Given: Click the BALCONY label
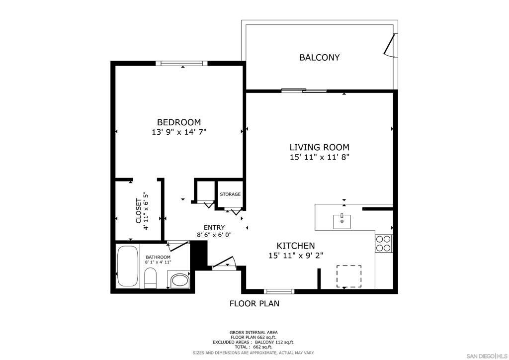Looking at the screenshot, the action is (320, 58).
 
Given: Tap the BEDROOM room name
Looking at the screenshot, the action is (179, 122).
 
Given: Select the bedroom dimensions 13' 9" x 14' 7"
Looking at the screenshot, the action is (179, 132).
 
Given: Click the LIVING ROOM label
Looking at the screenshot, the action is (320, 147).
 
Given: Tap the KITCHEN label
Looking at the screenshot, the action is (296, 246).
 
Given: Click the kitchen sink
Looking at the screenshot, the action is (342, 221).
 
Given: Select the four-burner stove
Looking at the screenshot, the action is (383, 244).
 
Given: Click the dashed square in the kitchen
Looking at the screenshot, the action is (348, 276).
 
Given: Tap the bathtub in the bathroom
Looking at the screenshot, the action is (128, 266).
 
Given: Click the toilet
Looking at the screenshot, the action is (150, 278).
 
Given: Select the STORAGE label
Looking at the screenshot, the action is (230, 194).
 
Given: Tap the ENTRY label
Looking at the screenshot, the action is (214, 228).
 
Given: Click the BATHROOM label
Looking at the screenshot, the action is (158, 257).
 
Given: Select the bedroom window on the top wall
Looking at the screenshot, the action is (181, 63).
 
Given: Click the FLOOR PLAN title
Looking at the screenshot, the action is (254, 303).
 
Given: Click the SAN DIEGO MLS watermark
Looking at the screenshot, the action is (487, 356).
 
